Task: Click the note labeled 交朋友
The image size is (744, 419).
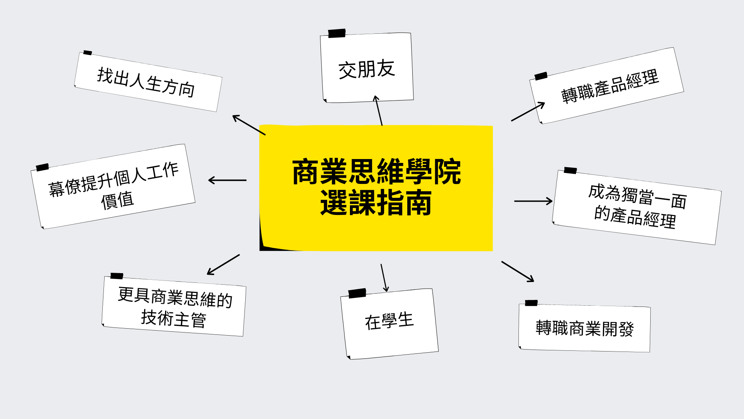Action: [x=367, y=68]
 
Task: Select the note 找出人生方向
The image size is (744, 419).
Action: [x=148, y=82]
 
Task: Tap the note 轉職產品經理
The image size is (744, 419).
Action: [x=607, y=86]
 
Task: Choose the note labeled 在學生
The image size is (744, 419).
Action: [x=389, y=324]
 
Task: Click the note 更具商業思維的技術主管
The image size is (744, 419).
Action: [x=174, y=306]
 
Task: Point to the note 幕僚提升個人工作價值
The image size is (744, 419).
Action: [x=113, y=187]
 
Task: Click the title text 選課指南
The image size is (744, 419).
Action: [x=376, y=203]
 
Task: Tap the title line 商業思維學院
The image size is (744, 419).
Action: [x=376, y=171]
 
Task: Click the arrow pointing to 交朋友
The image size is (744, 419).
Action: [x=378, y=111]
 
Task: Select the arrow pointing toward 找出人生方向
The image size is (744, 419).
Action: [x=249, y=125]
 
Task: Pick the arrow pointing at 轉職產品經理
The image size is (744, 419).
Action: [x=528, y=112]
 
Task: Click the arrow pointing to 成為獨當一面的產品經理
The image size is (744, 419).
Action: [x=533, y=201]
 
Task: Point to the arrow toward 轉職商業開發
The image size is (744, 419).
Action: [x=518, y=271]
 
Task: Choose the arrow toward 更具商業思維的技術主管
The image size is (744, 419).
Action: [x=223, y=265]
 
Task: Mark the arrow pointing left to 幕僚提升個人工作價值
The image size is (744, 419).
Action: [x=227, y=180]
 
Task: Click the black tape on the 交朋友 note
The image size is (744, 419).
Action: [x=337, y=33]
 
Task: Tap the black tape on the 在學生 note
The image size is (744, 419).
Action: [x=357, y=293]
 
